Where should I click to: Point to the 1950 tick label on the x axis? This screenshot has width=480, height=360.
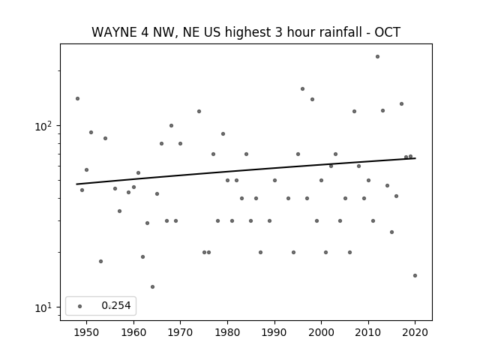pyautogui.click(x=87, y=332)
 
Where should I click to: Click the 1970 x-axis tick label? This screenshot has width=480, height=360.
pyautogui.click(x=180, y=332)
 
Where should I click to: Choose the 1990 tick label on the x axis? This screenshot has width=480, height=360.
pyautogui.click(x=274, y=332)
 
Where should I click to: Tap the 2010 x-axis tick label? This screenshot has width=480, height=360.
pyautogui.click(x=368, y=332)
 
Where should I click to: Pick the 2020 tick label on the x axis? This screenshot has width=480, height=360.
pyautogui.click(x=415, y=332)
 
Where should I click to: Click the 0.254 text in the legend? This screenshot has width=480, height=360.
pyautogui.click(x=116, y=305)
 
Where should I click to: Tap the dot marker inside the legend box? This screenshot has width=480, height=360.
pyautogui.click(x=80, y=306)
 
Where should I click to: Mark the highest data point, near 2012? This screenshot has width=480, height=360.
pyautogui.click(x=377, y=57)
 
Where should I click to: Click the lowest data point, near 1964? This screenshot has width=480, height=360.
pyautogui.click(x=152, y=286)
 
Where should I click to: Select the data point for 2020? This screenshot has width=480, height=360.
pyautogui.click(x=415, y=275)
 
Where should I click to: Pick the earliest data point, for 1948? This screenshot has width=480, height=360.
pyautogui.click(x=77, y=98)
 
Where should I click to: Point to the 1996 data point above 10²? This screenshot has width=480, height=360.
pyautogui.click(x=302, y=88)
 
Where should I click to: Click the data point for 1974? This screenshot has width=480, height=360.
pyautogui.click(x=199, y=112)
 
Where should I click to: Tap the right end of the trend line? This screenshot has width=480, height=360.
pyautogui.click(x=415, y=158)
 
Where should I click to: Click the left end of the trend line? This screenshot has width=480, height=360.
pyautogui.click(x=76, y=184)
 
